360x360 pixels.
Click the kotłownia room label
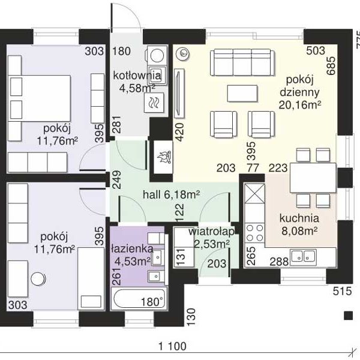click(x=137, y=76)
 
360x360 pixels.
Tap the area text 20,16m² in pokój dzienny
click(x=300, y=105)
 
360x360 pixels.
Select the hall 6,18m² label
click(x=171, y=194)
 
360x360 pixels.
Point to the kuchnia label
click(x=299, y=218)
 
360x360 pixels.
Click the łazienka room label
click(x=132, y=249)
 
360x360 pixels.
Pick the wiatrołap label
click(x=211, y=232)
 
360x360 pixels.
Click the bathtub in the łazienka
click(x=139, y=298)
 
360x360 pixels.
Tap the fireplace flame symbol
click(x=164, y=157)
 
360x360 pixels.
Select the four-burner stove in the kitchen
click(x=254, y=233)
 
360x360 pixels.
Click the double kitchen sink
click(x=303, y=256)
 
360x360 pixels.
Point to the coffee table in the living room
click(x=242, y=93)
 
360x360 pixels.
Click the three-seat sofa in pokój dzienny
click(x=242, y=62)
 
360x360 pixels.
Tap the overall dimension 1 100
click(x=173, y=346)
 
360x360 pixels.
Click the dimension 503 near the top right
click(x=316, y=51)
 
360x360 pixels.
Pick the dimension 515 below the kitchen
click(x=343, y=291)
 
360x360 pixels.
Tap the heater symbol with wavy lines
click(x=154, y=103)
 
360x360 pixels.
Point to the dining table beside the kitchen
click(x=313, y=178)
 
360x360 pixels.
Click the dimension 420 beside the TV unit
click(x=179, y=132)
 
